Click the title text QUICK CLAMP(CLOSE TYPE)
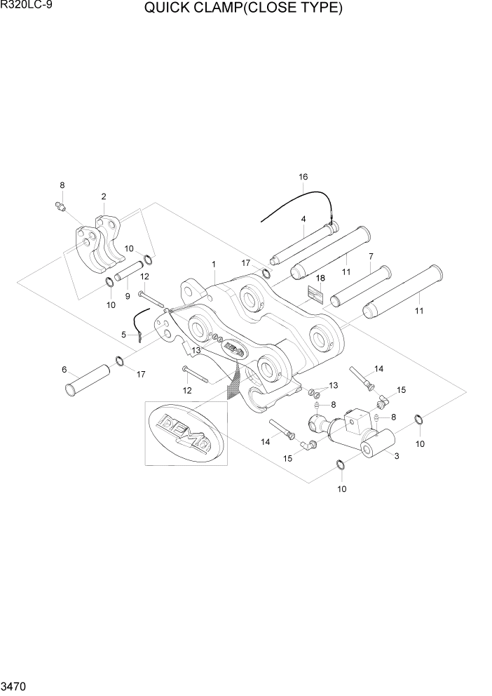click(243, 9)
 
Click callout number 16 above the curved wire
click(303, 177)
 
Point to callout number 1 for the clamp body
click(212, 264)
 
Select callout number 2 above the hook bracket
click(104, 196)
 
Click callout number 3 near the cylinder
click(397, 457)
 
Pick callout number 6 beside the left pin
click(64, 370)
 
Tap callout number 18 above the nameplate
click(320, 278)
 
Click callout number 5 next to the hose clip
click(123, 335)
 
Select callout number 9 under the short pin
click(128, 296)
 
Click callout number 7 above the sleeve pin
click(371, 257)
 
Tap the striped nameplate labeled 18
click(317, 294)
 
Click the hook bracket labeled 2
click(98, 242)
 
